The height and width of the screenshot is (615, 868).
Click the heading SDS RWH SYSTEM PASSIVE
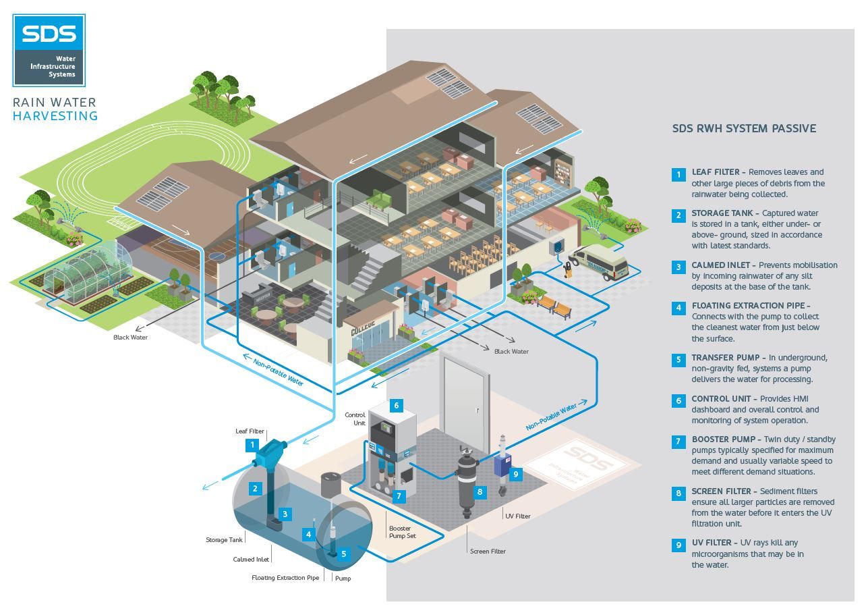tap(744, 128)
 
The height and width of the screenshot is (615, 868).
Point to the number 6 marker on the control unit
tap(397, 406)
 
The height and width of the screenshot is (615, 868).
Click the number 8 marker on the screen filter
tap(480, 491)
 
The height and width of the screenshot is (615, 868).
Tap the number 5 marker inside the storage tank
tap(343, 554)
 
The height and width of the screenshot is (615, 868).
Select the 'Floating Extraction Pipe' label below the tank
tap(285, 578)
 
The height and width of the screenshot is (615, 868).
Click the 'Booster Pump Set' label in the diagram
tap(403, 532)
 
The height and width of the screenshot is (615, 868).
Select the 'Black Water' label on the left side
tap(130, 337)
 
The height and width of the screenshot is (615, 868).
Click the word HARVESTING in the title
tap(55, 116)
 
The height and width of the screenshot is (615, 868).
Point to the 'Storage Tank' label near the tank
tap(224, 540)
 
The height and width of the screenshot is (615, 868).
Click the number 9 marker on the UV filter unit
tap(516, 474)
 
